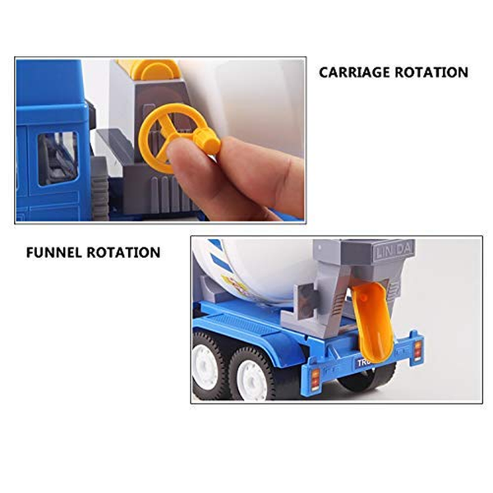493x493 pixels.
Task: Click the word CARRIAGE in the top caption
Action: tap(355, 72)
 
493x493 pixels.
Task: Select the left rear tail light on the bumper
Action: tap(316, 377)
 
